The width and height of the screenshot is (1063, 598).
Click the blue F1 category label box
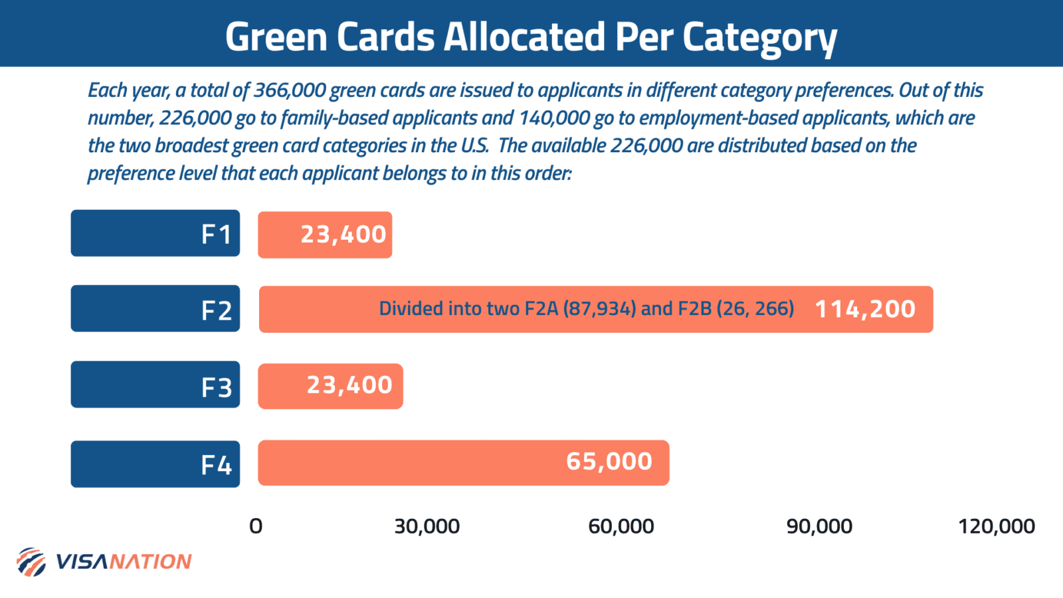click(x=155, y=233)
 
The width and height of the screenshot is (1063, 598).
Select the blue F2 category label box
click(x=155, y=309)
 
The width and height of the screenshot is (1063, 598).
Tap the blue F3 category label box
click(x=155, y=385)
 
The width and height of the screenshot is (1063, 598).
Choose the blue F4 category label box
click(x=155, y=464)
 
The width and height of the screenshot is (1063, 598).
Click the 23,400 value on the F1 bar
click(x=343, y=235)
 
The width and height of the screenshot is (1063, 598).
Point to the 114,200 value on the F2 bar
click(x=865, y=310)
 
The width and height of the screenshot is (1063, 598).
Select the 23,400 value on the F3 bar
click(x=349, y=385)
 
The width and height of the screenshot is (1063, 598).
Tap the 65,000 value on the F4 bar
click(x=609, y=462)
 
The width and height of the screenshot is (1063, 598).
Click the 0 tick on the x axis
click(x=256, y=527)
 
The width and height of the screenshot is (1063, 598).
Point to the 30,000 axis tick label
click(x=427, y=527)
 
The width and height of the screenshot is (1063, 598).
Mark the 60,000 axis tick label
click(x=621, y=527)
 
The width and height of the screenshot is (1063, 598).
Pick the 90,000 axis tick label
click(x=819, y=527)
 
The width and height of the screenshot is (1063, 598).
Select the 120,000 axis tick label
click(x=996, y=527)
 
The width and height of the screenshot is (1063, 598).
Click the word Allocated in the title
click(x=524, y=37)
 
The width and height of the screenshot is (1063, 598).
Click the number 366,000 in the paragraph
click(x=290, y=90)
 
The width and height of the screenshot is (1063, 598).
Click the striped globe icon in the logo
click(x=31, y=562)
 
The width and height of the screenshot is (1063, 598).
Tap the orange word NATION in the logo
click(x=150, y=562)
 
